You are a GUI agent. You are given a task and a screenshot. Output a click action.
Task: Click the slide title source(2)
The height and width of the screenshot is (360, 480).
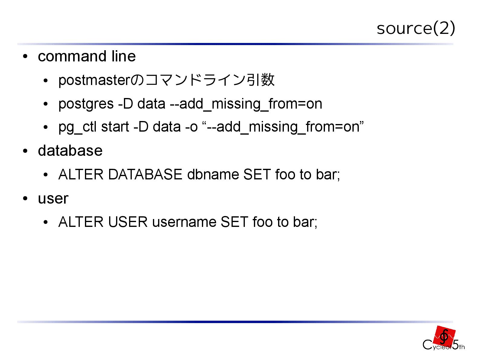(x=416, y=28)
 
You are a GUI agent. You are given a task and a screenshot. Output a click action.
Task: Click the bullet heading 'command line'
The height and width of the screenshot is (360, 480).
(x=87, y=56)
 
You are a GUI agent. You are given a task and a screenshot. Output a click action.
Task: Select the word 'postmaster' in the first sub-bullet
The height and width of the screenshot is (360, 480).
(x=94, y=80)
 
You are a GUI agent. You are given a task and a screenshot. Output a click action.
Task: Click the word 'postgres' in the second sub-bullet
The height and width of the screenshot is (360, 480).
(x=86, y=104)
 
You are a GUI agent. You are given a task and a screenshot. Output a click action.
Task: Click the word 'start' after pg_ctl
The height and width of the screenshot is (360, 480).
(x=115, y=127)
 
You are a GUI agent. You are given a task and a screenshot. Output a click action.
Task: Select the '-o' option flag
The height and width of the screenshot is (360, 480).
(x=191, y=127)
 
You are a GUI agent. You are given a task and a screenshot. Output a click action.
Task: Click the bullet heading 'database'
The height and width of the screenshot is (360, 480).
(x=70, y=151)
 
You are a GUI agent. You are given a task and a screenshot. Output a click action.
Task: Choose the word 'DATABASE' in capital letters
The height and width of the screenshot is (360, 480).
(x=145, y=175)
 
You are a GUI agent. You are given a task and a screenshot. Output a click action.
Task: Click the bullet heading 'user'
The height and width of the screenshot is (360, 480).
(x=53, y=198)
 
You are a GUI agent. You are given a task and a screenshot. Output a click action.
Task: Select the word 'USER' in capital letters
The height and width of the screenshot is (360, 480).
(x=128, y=222)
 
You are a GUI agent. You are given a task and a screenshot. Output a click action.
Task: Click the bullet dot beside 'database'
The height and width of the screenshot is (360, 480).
(x=25, y=151)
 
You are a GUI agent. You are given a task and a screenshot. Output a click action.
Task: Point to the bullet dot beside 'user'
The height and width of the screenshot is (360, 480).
(x=25, y=199)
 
